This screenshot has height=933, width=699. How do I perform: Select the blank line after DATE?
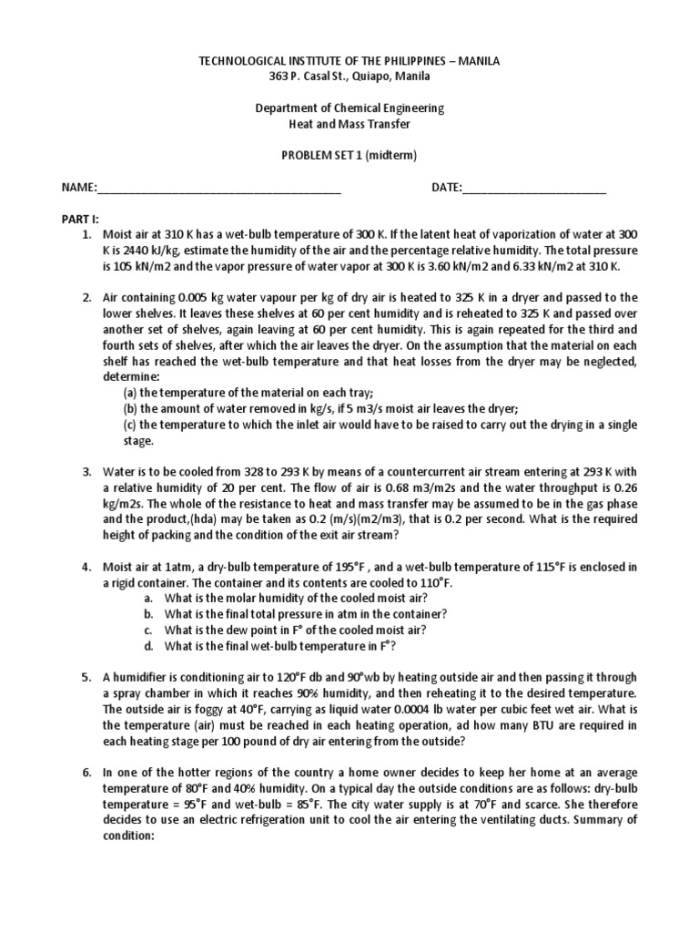(534, 189)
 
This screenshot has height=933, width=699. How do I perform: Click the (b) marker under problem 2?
(131, 407)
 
